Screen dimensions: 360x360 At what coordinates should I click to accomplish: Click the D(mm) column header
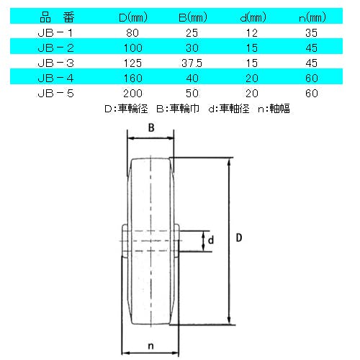[x=133, y=17]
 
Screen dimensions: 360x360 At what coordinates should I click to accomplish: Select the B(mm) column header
[x=193, y=17]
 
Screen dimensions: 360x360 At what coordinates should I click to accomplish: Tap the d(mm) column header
[x=253, y=17]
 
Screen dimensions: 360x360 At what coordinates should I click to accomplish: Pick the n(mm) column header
[x=312, y=17]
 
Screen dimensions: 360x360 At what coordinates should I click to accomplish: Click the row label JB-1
[x=55, y=33]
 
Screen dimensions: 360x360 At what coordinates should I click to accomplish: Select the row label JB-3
[x=55, y=63]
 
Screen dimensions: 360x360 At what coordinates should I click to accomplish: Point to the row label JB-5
[x=55, y=94]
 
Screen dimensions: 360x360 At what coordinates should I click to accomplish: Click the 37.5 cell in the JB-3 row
[x=192, y=63]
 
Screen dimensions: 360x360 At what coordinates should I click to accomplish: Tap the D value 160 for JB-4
[x=133, y=78]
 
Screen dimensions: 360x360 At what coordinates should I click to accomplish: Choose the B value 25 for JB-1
[x=192, y=33]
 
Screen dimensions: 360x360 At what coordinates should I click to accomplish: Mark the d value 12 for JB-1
[x=252, y=33]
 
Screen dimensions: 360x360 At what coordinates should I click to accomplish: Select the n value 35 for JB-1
[x=312, y=33]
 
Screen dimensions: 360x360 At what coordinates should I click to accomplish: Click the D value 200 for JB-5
[x=132, y=94]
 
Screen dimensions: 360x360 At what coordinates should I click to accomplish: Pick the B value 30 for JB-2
[x=192, y=48]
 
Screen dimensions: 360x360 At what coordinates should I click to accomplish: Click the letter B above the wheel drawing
[x=151, y=127]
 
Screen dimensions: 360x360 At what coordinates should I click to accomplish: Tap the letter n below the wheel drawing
[x=150, y=346]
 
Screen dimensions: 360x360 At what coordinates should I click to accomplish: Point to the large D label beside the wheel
[x=239, y=238]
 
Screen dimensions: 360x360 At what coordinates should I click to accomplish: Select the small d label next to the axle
[x=211, y=240]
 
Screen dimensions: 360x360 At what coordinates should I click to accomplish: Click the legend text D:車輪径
[x=126, y=109]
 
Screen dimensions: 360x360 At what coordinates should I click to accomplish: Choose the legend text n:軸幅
[x=274, y=109]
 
